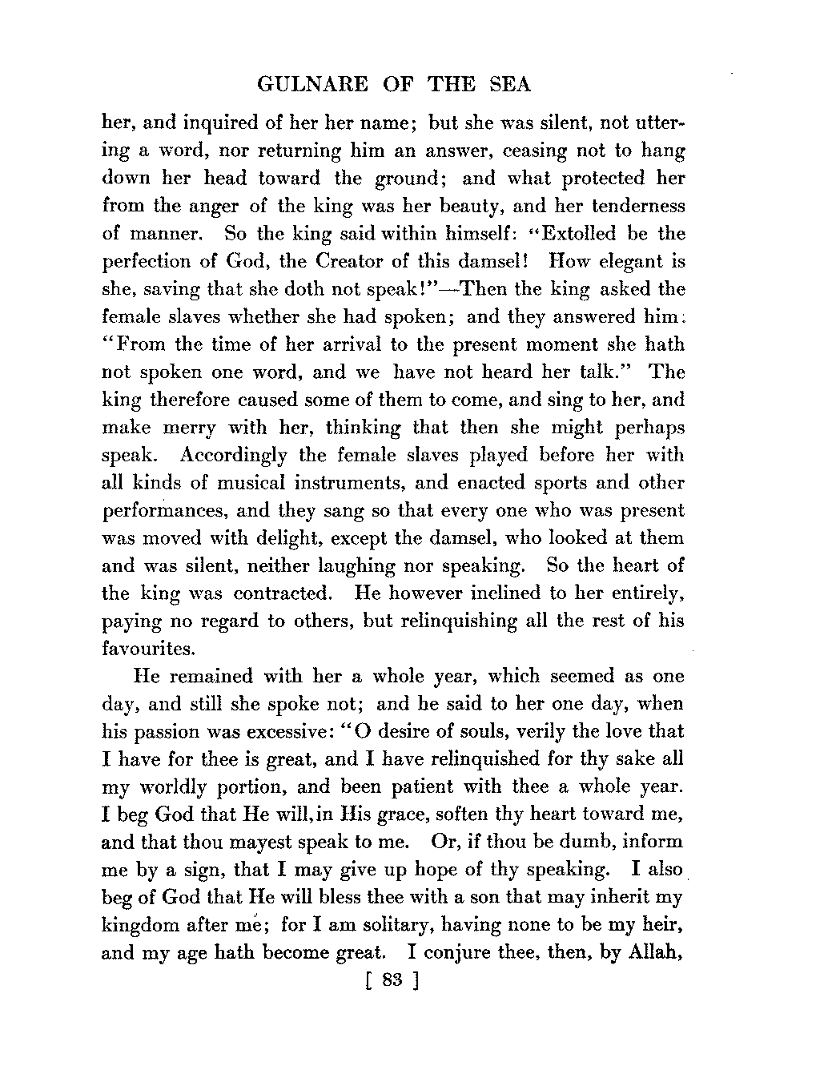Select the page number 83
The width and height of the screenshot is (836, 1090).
coord(391,981)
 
